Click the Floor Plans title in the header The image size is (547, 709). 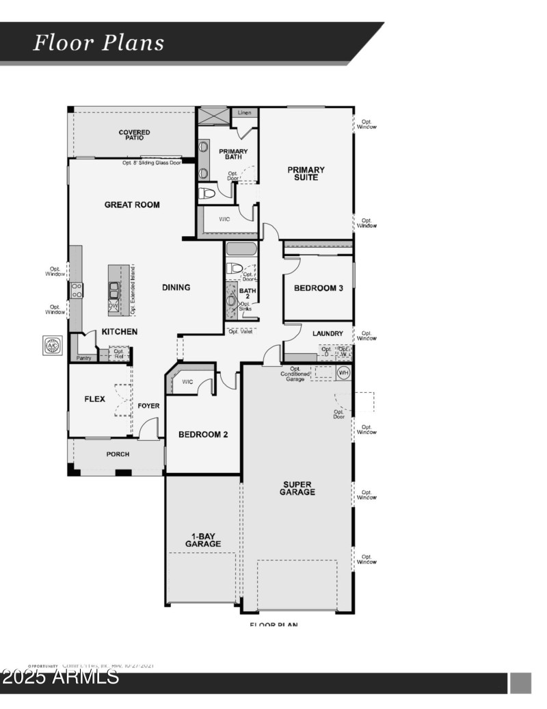(x=99, y=43)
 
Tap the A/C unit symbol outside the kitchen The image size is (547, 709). (x=53, y=346)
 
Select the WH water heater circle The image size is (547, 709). (x=343, y=372)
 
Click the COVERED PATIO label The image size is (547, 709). (x=134, y=135)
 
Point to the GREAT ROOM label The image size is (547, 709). (x=132, y=205)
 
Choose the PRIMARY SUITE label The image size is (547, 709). (x=306, y=174)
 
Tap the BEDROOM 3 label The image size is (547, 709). (x=318, y=288)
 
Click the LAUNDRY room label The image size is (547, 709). (x=328, y=333)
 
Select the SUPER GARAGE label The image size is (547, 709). (x=299, y=488)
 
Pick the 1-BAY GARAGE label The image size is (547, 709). (x=202, y=539)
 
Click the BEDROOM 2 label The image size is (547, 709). (x=203, y=435)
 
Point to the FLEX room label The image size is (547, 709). (x=94, y=399)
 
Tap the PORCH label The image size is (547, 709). (x=118, y=454)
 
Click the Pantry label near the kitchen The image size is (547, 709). (x=84, y=357)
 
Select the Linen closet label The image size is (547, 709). (x=244, y=112)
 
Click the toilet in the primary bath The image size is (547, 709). (x=206, y=194)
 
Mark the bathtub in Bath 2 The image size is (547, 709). (x=241, y=249)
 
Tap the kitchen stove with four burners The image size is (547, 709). (x=77, y=290)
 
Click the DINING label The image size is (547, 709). (x=176, y=287)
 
